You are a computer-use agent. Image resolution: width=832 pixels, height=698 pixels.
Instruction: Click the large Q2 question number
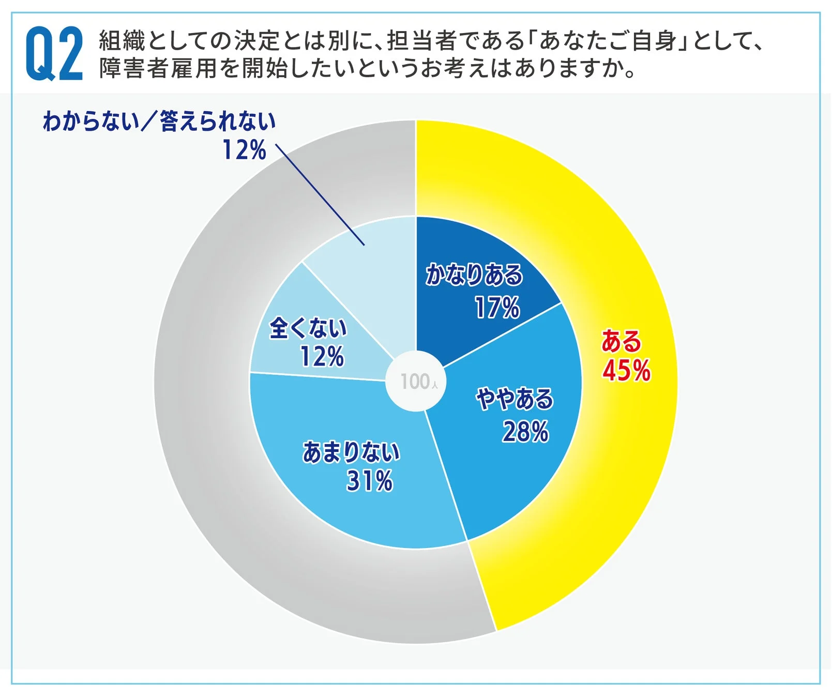pos(54,54)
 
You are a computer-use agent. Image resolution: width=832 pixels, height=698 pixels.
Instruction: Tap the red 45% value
pos(626,370)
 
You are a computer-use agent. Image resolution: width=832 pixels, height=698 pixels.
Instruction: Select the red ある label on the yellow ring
pos(621,341)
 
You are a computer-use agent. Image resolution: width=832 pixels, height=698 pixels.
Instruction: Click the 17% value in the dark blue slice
pos(497,308)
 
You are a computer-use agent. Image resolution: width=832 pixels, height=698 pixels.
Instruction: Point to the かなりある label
pos(474,275)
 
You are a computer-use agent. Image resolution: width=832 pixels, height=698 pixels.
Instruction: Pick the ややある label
pos(515,399)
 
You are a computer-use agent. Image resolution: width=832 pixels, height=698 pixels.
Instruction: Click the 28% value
pos(525,431)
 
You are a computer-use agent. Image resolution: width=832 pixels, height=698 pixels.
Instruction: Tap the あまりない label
pos(351,452)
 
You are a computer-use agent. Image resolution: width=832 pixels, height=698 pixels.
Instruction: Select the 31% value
pos(369,481)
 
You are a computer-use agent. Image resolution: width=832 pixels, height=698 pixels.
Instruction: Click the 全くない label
pos(308,328)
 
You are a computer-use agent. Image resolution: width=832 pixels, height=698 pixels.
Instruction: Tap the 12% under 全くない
pos(322,357)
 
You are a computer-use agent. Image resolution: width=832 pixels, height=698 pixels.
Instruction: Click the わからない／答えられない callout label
pos(159,122)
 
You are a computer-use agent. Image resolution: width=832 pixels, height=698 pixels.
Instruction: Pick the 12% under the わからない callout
pos(244,150)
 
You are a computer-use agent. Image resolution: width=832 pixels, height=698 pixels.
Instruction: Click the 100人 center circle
pos(416,382)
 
